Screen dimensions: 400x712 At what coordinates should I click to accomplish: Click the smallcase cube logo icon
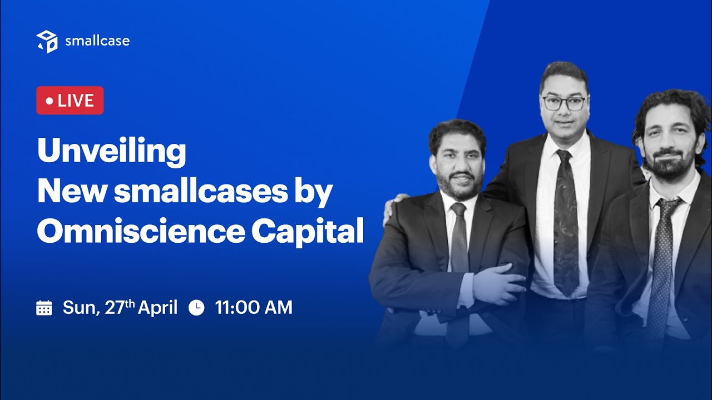coord(47,42)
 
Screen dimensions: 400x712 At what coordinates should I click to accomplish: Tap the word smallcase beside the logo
coord(97,41)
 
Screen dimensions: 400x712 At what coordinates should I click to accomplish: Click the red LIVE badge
coord(70,101)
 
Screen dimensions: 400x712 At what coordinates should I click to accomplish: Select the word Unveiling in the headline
coord(112,151)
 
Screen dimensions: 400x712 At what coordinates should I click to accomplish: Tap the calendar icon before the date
coord(44,307)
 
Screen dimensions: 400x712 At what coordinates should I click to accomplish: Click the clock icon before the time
coord(196,307)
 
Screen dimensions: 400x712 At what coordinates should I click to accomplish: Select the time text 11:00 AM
coord(254,307)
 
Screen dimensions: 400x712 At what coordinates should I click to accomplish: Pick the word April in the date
coord(157,307)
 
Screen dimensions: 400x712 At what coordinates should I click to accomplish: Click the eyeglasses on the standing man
coord(564,103)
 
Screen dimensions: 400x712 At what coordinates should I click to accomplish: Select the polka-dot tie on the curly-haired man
coord(662,261)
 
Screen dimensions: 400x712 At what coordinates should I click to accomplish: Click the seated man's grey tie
coord(459,239)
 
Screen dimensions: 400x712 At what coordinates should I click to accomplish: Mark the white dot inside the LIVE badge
coord(50,101)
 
